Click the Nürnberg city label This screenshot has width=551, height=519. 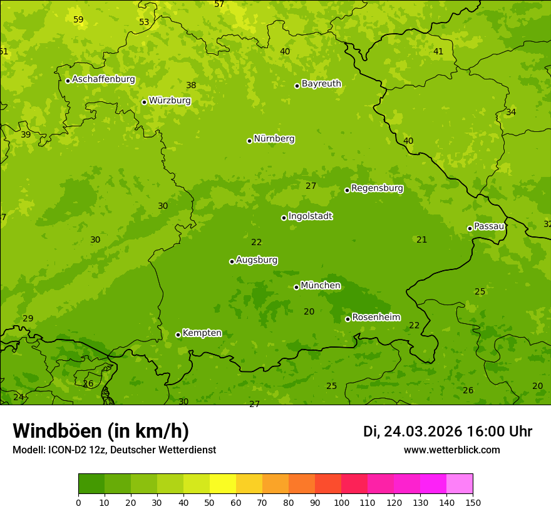(x=274, y=139)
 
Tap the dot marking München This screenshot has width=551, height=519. (x=296, y=287)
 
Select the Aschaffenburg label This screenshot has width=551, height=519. (x=103, y=79)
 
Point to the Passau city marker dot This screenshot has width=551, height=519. (x=470, y=228)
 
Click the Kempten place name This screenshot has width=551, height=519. (x=202, y=333)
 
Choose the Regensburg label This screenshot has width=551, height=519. (x=377, y=188)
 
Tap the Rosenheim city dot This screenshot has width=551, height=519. (x=348, y=319)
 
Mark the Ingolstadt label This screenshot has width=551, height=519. (x=310, y=216)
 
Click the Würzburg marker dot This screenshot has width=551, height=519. (x=144, y=102)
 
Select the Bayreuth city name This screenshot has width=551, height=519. (x=321, y=84)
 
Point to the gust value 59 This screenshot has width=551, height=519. (x=78, y=19)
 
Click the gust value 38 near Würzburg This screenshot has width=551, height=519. (x=191, y=85)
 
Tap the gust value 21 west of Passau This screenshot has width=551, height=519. (x=421, y=239)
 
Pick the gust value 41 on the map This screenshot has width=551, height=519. (x=438, y=51)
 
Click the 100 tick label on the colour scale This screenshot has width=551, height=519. (x=341, y=502)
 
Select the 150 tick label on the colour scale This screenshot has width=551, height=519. (x=473, y=502)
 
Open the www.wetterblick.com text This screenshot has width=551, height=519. (x=451, y=450)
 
